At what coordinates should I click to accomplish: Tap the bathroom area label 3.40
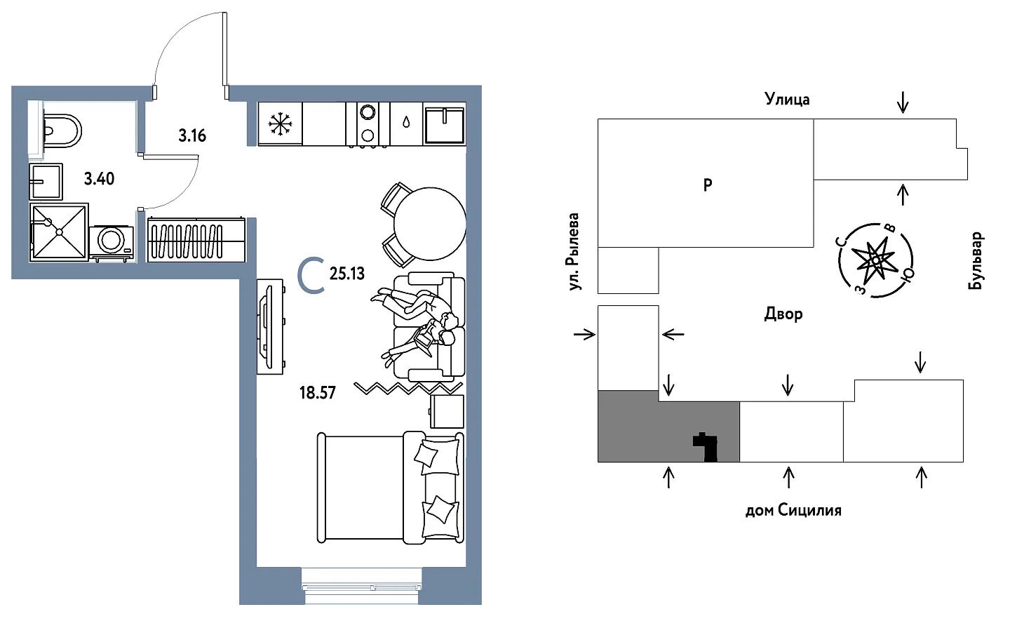tap(99, 179)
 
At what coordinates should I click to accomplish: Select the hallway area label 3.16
tap(192, 135)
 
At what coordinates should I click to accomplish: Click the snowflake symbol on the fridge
tap(281, 125)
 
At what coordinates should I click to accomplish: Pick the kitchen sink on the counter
tap(445, 124)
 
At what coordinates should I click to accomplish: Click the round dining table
tap(429, 225)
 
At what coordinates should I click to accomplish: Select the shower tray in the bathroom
tap(59, 232)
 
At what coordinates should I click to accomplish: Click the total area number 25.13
tap(347, 274)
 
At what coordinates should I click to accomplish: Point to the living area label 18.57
tap(318, 393)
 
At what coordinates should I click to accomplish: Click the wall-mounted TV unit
tap(270, 326)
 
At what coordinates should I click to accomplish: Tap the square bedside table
tap(447, 411)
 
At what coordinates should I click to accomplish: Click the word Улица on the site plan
tap(787, 100)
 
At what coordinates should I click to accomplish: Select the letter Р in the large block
tap(708, 185)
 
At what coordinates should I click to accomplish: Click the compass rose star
tap(876, 260)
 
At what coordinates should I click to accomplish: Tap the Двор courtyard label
tap(783, 314)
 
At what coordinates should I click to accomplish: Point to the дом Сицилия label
tap(793, 510)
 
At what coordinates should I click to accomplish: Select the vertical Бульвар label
tap(976, 260)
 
